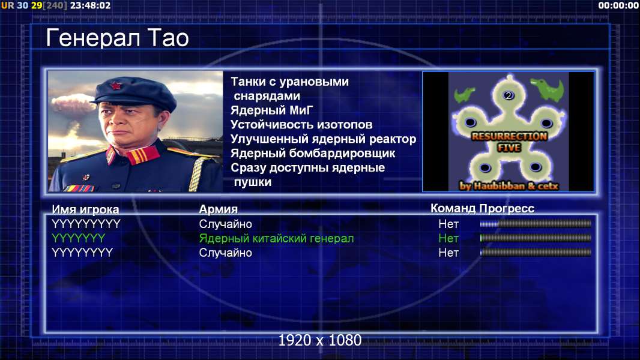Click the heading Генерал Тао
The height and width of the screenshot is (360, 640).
point(117,38)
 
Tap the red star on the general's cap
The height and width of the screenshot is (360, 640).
point(116,85)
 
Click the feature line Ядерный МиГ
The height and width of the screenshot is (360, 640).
point(271,110)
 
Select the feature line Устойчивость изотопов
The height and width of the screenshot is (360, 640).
point(301,124)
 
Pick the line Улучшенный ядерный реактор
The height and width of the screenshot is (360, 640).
point(323,139)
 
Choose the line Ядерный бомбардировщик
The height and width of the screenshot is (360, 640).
point(313,153)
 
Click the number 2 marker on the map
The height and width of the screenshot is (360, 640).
point(508,95)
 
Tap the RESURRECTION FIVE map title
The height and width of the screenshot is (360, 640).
point(509,142)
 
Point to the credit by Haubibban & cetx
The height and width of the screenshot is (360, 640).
point(509,186)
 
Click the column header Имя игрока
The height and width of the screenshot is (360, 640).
point(85,209)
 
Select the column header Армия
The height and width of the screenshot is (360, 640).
point(219,209)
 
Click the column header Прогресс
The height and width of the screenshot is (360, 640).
point(507,208)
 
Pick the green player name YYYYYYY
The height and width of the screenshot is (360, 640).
point(79,238)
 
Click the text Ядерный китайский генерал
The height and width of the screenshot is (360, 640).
point(276,239)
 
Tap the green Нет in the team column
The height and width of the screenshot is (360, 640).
point(448,238)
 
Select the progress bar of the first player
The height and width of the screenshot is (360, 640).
point(536,223)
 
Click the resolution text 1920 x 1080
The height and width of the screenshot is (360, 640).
point(320,340)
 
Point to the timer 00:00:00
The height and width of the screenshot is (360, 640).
point(618,5)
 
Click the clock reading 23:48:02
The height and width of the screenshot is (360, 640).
point(90,6)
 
